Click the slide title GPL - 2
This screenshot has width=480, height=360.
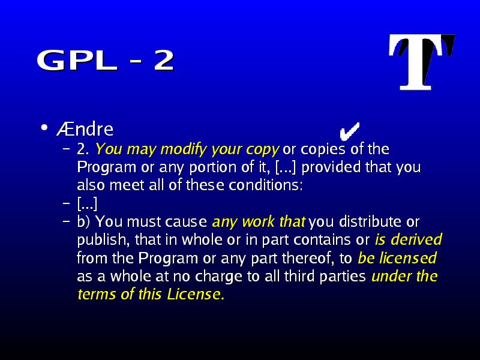coord(106,60)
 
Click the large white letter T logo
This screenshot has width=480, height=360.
coord(421,62)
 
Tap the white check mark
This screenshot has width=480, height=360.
coord(349,131)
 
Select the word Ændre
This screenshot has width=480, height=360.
coord(85,129)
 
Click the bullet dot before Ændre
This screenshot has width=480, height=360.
coord(44,128)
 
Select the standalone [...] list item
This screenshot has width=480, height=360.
coord(87,203)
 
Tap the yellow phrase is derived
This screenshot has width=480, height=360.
coord(409,239)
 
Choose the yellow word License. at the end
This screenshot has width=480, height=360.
coord(196,294)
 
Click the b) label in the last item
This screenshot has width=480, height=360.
coord(83,221)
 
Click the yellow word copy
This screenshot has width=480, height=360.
coord(263,149)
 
